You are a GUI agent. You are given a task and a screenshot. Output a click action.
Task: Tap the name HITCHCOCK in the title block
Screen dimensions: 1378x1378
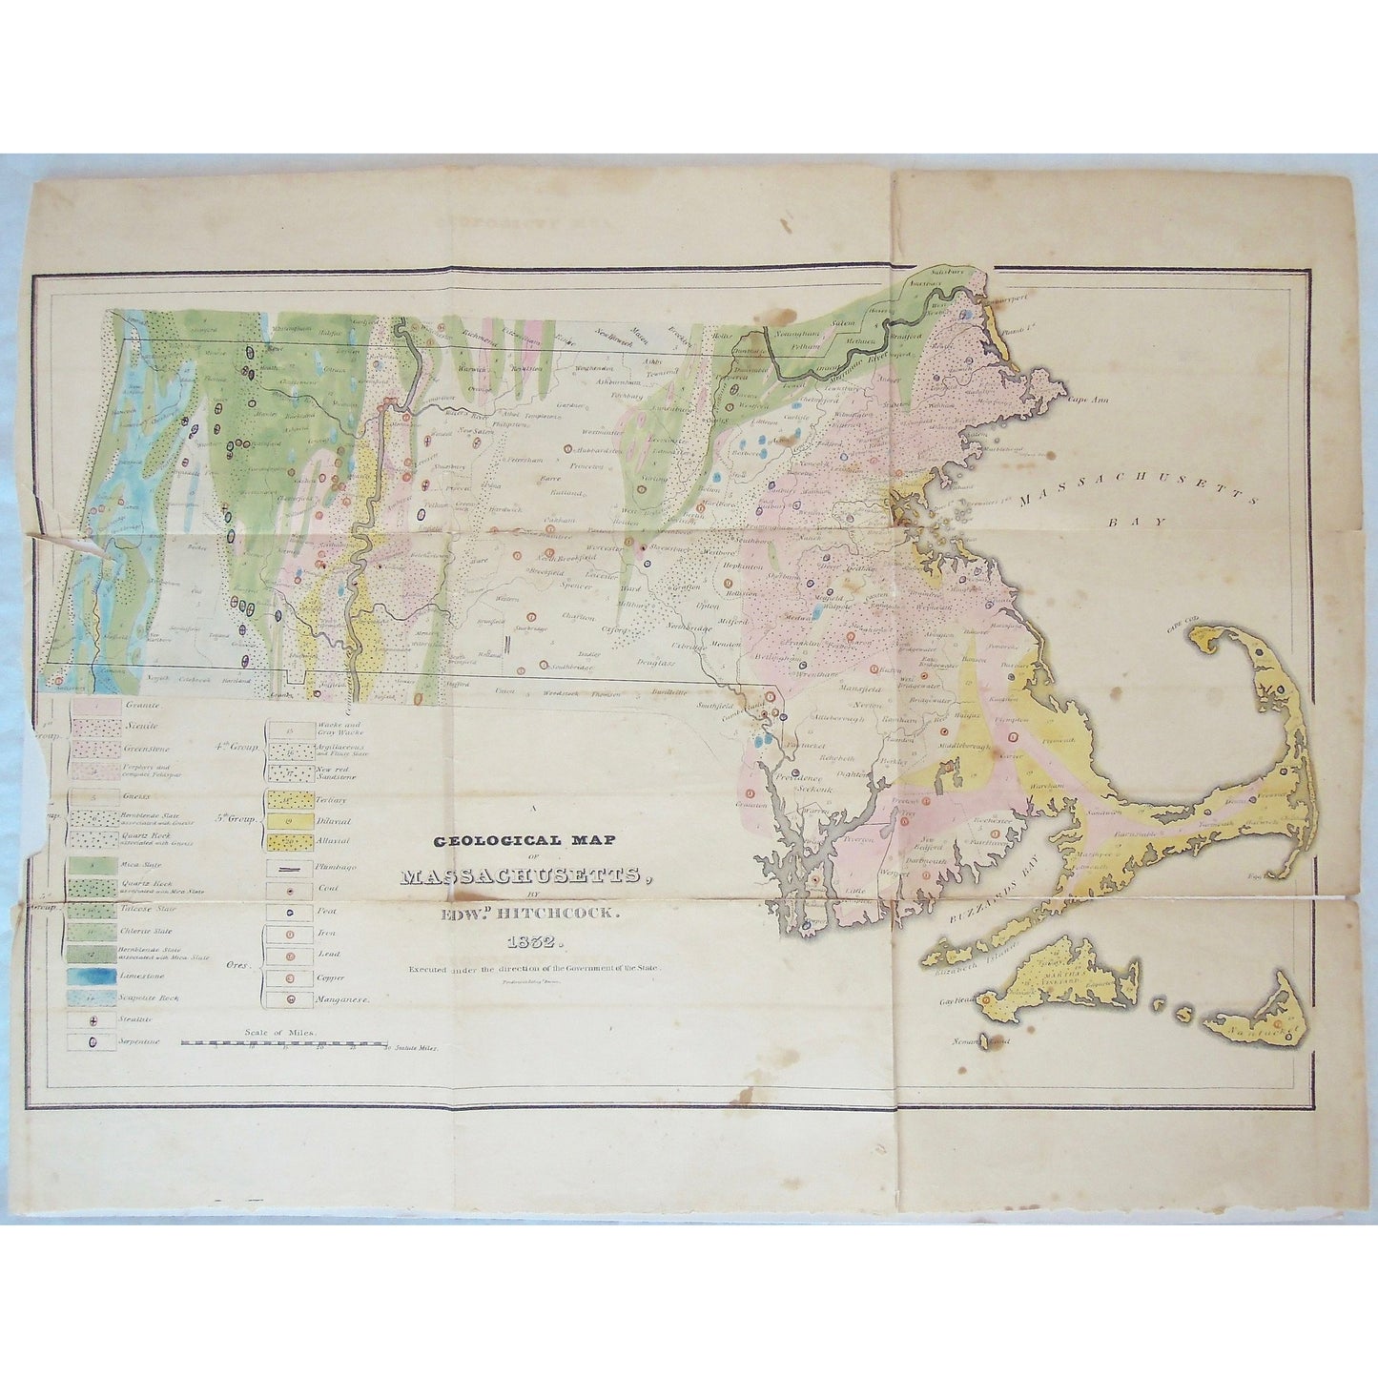569,913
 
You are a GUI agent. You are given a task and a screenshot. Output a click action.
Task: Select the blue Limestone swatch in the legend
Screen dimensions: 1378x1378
93,976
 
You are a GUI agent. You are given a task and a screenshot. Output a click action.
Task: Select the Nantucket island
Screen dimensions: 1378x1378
1259,1024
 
